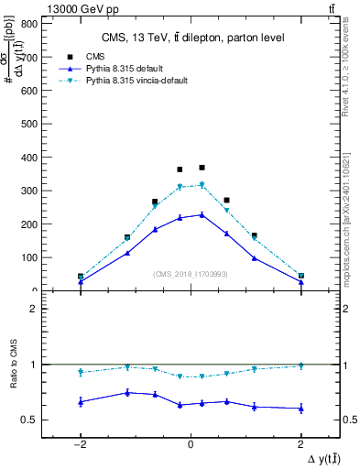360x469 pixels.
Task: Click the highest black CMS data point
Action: click(x=202, y=168)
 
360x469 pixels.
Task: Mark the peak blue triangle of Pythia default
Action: click(x=202, y=214)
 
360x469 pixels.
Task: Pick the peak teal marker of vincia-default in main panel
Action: click(x=202, y=185)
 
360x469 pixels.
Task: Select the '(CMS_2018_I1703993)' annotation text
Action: click(x=191, y=274)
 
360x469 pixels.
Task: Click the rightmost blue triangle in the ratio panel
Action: click(x=300, y=408)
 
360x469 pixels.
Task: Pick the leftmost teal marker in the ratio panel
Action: click(x=81, y=372)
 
